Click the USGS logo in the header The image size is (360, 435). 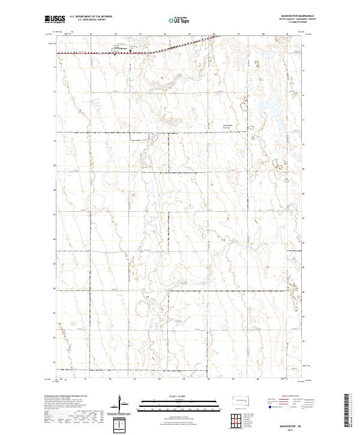[x=55, y=20]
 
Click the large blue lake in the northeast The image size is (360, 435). [x=267, y=110]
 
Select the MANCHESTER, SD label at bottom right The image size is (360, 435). [x=293, y=423]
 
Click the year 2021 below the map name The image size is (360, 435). [x=293, y=428]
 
